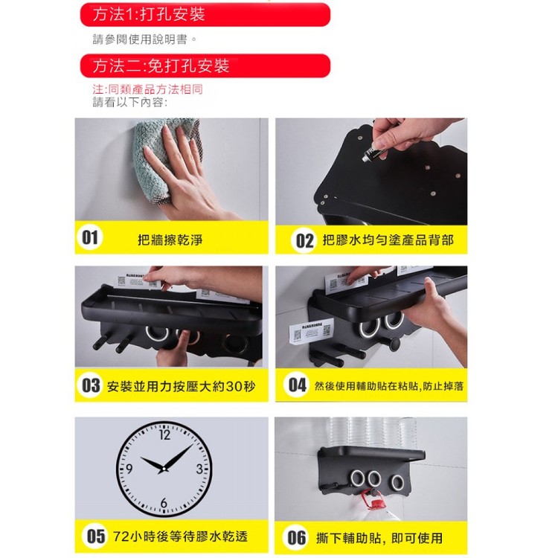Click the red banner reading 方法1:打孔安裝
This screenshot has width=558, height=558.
(205, 15)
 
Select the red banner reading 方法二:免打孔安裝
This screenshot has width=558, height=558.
(205, 66)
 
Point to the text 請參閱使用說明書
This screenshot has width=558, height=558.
(145, 39)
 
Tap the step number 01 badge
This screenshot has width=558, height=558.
(91, 238)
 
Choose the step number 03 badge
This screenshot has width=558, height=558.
(91, 386)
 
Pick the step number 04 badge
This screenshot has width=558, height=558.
(298, 386)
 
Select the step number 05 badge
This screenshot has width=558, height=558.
(95, 536)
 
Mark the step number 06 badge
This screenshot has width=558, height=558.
(297, 537)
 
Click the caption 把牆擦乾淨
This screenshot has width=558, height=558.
(170, 240)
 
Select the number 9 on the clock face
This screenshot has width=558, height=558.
(129, 469)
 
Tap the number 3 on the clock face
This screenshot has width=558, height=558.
(199, 469)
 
